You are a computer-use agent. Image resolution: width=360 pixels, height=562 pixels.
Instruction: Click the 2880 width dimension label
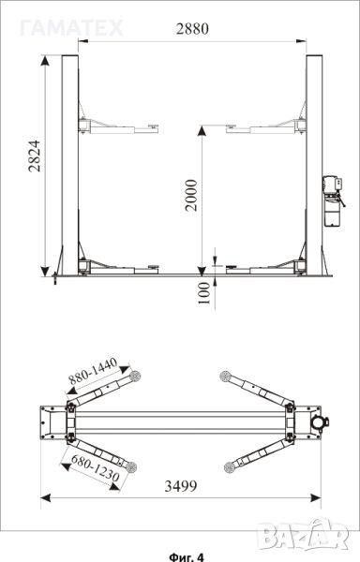point(192,29)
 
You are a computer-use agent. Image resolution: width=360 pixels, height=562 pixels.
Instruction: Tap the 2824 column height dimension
point(35,156)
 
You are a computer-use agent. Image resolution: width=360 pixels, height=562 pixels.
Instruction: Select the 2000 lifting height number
point(191,196)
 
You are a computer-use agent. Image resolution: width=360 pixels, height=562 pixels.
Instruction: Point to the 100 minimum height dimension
point(204,293)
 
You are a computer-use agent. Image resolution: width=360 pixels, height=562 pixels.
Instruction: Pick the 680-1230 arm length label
point(95,467)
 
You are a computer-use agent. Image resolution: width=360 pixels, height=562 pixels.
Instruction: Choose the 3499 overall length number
point(181,486)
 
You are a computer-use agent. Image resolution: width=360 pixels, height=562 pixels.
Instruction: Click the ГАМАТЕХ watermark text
point(71,28)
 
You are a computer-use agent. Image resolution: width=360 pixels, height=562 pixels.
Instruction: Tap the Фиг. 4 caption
point(187,556)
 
